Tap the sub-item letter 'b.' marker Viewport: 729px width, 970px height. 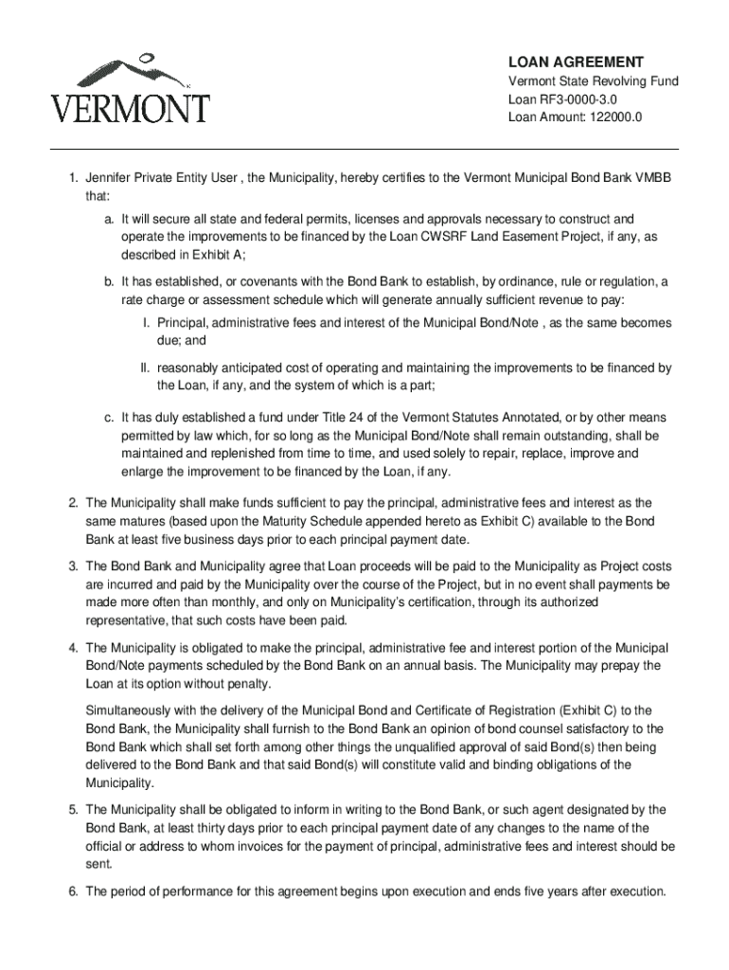[x=111, y=282]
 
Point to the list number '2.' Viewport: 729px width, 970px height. [x=73, y=502]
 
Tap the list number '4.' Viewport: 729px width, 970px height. [x=73, y=648]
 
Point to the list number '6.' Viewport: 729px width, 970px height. [x=73, y=891]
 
